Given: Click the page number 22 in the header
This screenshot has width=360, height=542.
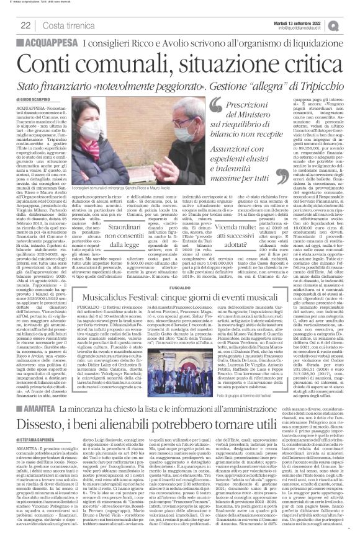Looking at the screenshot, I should [x=25, y=24].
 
